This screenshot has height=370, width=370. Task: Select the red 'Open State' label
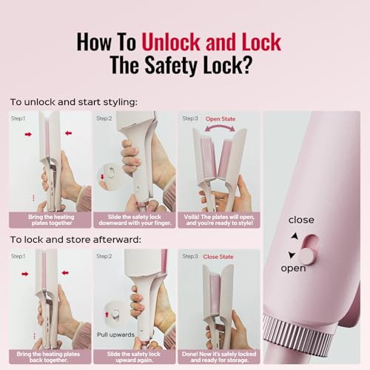tap(221, 119)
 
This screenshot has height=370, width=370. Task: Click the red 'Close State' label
tap(218, 257)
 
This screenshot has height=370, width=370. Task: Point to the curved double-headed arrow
tap(220, 127)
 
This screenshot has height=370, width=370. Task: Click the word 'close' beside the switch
tap(301, 220)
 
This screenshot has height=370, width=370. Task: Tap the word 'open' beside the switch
tap(293, 269)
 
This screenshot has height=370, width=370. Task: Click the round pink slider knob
tap(306, 257)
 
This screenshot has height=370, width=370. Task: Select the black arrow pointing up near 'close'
tap(295, 236)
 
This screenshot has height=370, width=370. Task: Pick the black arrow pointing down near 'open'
tap(292, 255)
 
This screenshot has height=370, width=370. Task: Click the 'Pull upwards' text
tap(115, 334)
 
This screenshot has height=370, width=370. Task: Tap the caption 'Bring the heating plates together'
tap(51, 220)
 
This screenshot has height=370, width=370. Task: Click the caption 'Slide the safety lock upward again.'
tap(134, 357)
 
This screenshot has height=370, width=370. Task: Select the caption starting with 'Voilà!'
tap(219, 220)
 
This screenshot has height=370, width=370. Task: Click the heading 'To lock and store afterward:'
tap(75, 240)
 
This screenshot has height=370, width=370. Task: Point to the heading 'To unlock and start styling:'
tap(74, 102)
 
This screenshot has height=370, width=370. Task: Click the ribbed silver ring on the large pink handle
tap(299, 334)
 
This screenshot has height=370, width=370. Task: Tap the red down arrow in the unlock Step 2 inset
tap(102, 177)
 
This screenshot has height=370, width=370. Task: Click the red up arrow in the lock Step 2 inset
tap(107, 314)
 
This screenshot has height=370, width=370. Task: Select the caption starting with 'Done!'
tap(219, 357)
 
